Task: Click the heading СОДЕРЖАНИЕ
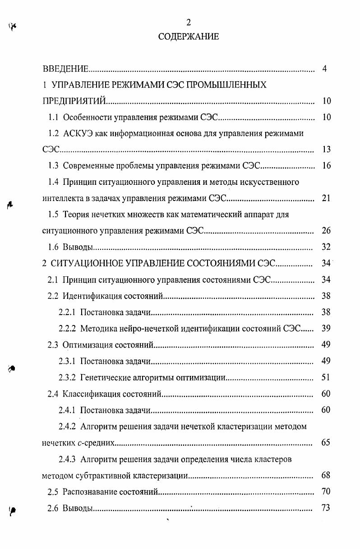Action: (x=189, y=37)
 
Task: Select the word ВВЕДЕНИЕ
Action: (x=65, y=69)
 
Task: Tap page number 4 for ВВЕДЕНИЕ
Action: (x=325, y=69)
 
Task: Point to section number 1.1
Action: (x=54, y=118)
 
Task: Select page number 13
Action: (x=327, y=150)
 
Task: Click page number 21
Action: (x=327, y=198)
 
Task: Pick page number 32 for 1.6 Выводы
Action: (x=327, y=247)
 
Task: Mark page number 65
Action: (x=327, y=443)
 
